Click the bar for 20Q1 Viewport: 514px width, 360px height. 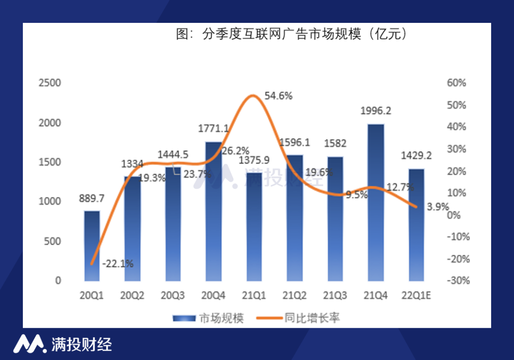[x=92, y=246]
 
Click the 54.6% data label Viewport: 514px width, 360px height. [x=278, y=96]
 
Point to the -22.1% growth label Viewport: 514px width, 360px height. [x=118, y=263]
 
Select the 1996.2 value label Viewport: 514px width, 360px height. [x=376, y=111]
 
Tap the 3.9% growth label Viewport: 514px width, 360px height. [x=438, y=207]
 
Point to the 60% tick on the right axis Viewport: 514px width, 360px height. [x=456, y=83]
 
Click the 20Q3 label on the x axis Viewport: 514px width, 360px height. [x=173, y=296]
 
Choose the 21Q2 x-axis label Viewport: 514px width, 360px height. [x=295, y=296]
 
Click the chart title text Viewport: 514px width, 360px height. [x=291, y=35]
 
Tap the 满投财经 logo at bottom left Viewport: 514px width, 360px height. [x=62, y=344]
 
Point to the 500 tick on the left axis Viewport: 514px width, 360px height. [x=52, y=241]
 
